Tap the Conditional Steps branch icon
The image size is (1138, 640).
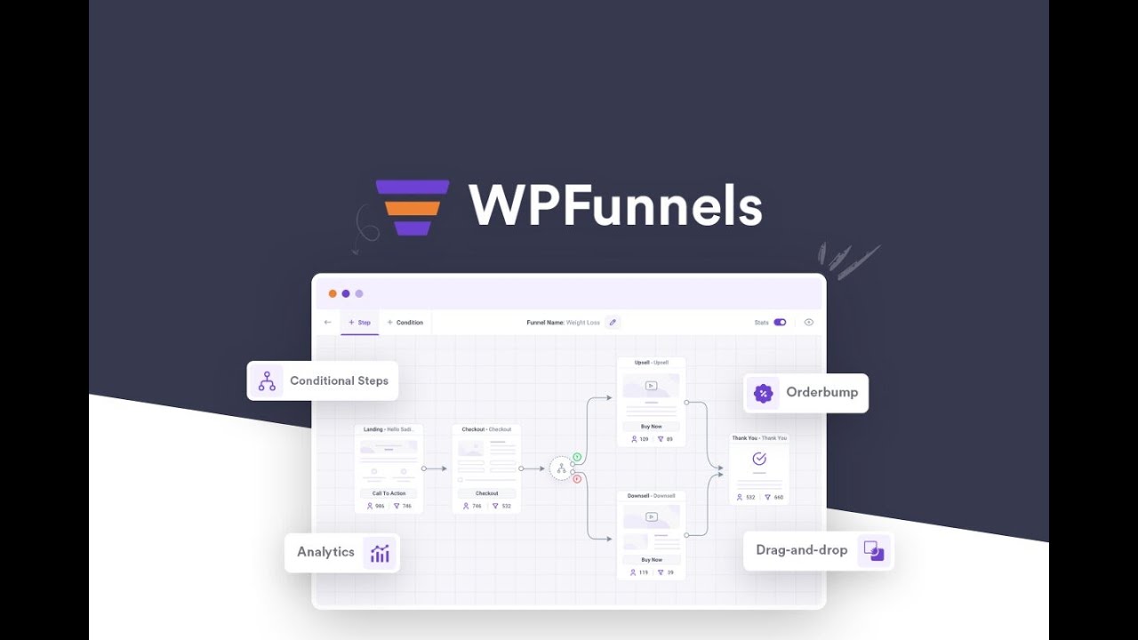click(267, 380)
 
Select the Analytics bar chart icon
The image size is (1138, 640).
click(380, 553)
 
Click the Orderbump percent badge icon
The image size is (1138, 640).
click(763, 393)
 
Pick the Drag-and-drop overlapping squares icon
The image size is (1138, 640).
click(874, 551)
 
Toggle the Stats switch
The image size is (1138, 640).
click(780, 323)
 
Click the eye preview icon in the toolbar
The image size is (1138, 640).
click(809, 323)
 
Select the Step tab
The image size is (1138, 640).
click(360, 323)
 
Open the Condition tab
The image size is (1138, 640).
click(405, 323)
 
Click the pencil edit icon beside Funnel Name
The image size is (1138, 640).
click(613, 323)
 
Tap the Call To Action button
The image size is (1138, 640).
click(389, 493)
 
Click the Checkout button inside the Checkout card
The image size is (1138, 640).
click(486, 493)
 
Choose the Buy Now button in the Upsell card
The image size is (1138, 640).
click(652, 427)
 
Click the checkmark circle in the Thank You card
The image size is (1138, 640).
click(759, 459)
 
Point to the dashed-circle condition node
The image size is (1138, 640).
click(561, 468)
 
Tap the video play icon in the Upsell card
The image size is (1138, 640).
click(652, 386)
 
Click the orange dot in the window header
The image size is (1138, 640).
click(333, 293)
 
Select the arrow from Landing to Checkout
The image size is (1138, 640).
click(435, 468)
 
